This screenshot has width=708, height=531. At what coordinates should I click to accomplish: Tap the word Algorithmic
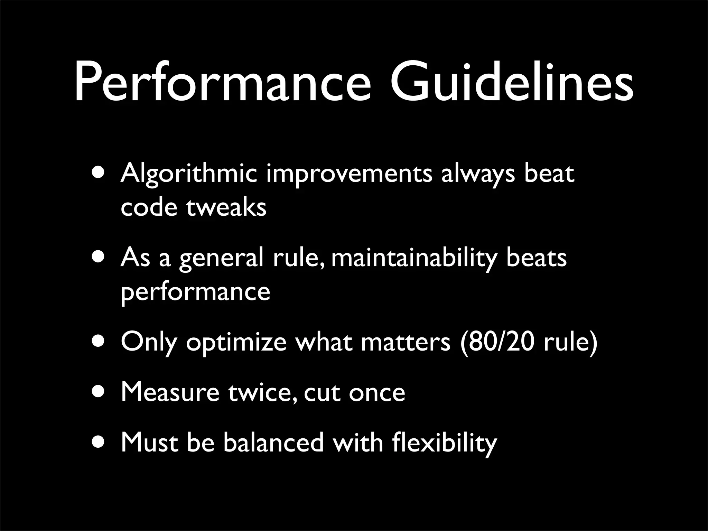click(189, 175)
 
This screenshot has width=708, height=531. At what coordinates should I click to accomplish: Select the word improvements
click(349, 175)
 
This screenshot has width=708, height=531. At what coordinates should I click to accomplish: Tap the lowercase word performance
click(195, 292)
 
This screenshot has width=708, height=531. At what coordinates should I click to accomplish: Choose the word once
click(377, 393)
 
